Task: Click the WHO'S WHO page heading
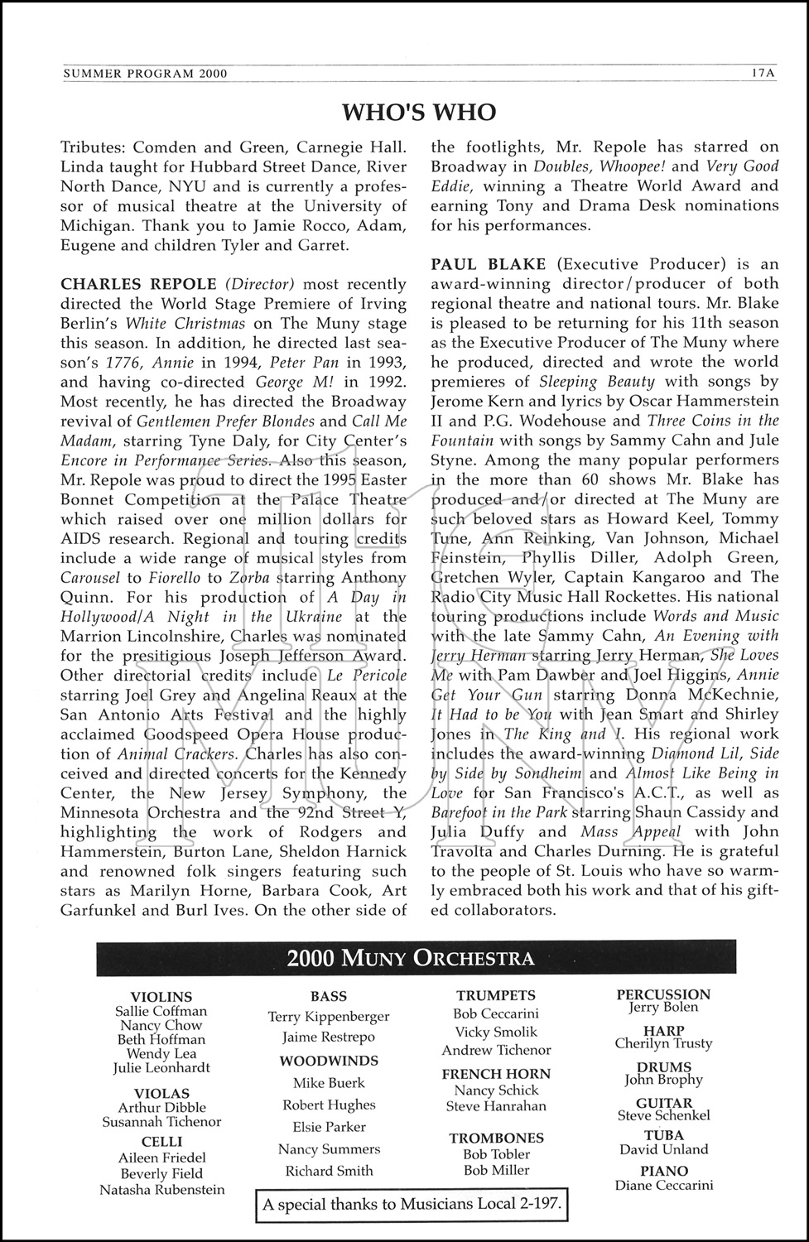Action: pos(420,112)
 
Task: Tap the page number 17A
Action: pos(763,73)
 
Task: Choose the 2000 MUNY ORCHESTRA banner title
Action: pos(410,959)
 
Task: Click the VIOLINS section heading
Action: pos(161,997)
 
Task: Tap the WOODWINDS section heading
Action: pos(329,1061)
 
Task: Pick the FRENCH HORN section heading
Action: pos(496,1074)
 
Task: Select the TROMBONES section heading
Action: pos(497,1138)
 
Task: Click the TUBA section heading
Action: pos(664,1135)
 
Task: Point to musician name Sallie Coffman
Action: pos(161,1011)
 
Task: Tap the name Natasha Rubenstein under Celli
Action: pos(161,1190)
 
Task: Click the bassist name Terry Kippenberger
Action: pos(329,1016)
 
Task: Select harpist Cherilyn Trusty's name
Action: pos(663,1044)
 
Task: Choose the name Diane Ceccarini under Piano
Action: pos(664,1185)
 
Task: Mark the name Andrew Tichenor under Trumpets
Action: pos(496,1050)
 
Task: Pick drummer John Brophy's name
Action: pos(663,1080)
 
